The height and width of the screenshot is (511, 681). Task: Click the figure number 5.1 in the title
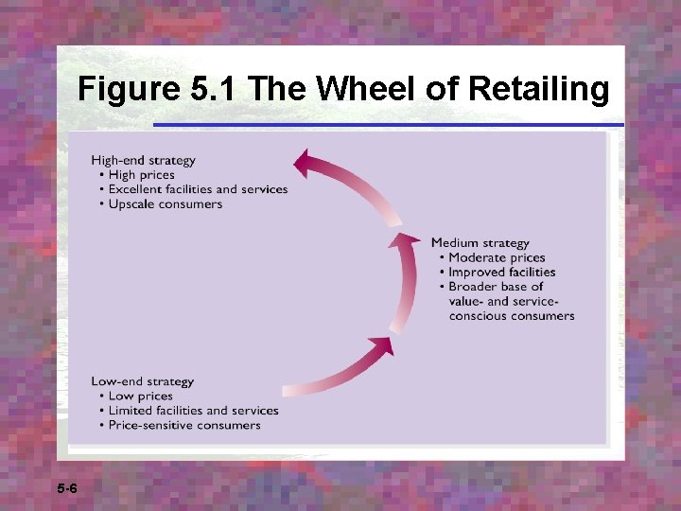[x=215, y=89]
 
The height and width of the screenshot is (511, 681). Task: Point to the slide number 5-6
[x=67, y=489]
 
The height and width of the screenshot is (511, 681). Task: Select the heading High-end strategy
[x=143, y=160]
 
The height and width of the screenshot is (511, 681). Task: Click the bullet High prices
[x=141, y=174]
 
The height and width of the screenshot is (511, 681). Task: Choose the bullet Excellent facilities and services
[x=198, y=189]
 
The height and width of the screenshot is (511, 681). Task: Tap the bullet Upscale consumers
[x=165, y=203]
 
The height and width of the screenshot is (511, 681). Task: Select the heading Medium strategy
[x=480, y=243]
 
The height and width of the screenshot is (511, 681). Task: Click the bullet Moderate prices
[x=496, y=257]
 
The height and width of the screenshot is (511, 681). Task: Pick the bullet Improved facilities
[x=501, y=272]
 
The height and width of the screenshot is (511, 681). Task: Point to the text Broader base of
[x=495, y=286]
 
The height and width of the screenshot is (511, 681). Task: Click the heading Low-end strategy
[x=142, y=381]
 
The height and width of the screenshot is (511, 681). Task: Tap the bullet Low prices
[x=140, y=396]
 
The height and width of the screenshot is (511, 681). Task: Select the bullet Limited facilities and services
[x=193, y=411]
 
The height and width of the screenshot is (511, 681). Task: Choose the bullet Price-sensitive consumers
[x=183, y=425]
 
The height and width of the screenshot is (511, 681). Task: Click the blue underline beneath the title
[x=388, y=124]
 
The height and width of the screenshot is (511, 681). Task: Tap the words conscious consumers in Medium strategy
[x=511, y=315]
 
